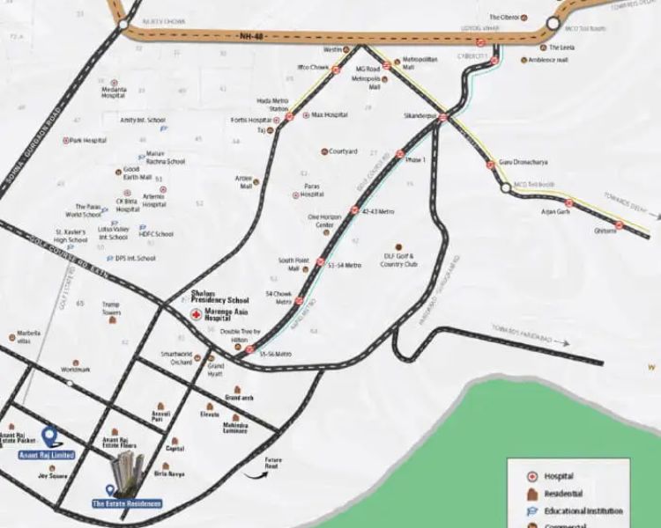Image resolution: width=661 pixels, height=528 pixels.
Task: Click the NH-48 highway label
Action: coord(251,37)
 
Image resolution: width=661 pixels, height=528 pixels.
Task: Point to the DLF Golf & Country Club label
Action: coord(398,260)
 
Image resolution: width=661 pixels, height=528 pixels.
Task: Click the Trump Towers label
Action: coord(111,310)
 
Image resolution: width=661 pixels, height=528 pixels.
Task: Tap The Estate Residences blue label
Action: coord(127,503)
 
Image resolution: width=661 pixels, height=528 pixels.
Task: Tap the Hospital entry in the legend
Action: coord(559,476)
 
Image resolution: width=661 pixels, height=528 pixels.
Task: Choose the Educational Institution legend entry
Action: coord(583,510)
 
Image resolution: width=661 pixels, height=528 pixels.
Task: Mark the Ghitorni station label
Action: coord(606,231)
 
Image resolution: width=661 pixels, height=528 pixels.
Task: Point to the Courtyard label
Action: coord(343,151)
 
